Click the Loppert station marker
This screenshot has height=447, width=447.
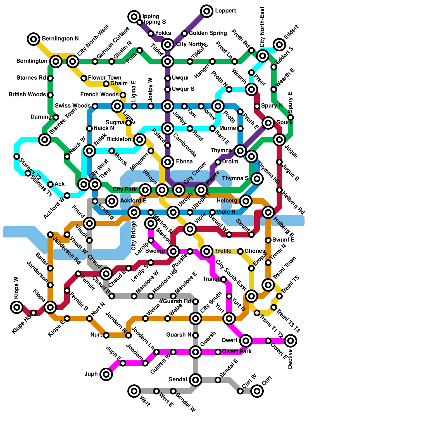click(207, 11)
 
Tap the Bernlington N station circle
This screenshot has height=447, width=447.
click(34, 39)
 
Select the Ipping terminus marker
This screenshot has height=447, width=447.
click(134, 17)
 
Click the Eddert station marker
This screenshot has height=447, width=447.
click(279, 44)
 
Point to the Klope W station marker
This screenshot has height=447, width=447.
click(17, 307)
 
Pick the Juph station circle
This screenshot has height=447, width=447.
click(106, 374)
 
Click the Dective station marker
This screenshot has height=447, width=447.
click(291, 341)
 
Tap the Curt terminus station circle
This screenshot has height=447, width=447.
click(257, 391)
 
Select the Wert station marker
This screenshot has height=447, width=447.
click(134, 391)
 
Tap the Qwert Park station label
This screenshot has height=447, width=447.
click(237, 351)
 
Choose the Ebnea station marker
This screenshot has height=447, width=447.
click(168, 162)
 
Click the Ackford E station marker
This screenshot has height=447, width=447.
click(112, 201)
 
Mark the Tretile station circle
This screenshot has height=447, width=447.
click(207, 251)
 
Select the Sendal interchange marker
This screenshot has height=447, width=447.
click(196, 380)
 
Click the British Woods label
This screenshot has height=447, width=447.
click(27, 95)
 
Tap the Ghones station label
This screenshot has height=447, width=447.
click(255, 251)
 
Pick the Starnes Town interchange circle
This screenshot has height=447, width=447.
click(45, 139)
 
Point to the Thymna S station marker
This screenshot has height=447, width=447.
click(257, 179)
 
